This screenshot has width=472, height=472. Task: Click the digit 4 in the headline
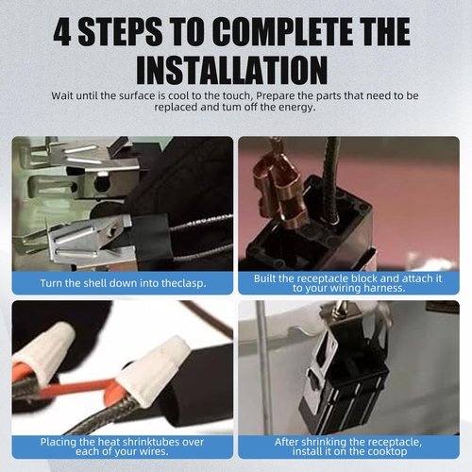(x=62, y=33)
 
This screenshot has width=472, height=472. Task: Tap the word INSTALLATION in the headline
(x=232, y=70)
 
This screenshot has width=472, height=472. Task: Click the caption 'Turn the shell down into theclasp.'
(x=123, y=283)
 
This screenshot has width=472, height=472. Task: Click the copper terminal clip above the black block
(x=280, y=192)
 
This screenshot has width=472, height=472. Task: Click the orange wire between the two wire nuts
(x=78, y=388)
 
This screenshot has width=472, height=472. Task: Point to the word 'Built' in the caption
(x=264, y=278)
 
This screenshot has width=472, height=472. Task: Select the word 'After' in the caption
(x=286, y=442)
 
